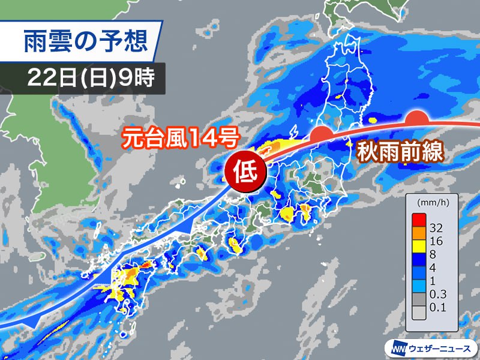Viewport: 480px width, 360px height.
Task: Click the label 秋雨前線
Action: [x=400, y=152]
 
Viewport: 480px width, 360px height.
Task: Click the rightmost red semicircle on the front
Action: [x=416, y=117]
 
